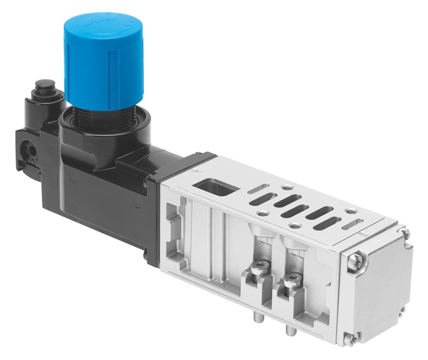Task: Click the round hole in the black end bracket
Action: coord(28,150)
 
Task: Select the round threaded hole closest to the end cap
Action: coord(350,211)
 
